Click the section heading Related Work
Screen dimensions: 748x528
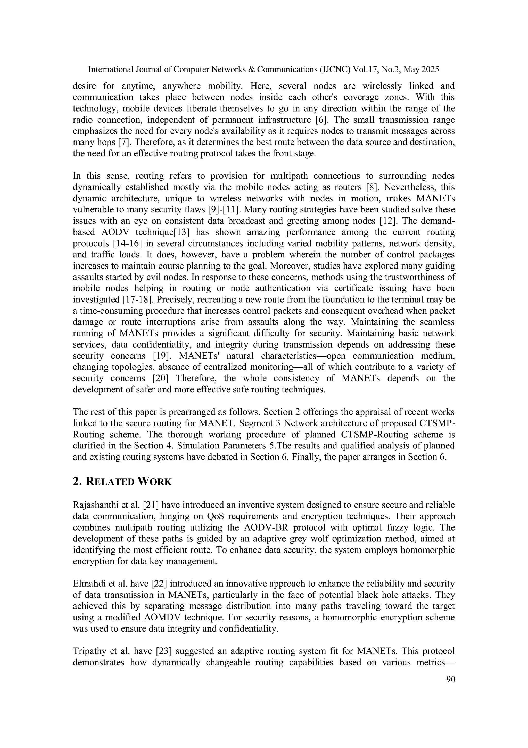pos(122,482)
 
